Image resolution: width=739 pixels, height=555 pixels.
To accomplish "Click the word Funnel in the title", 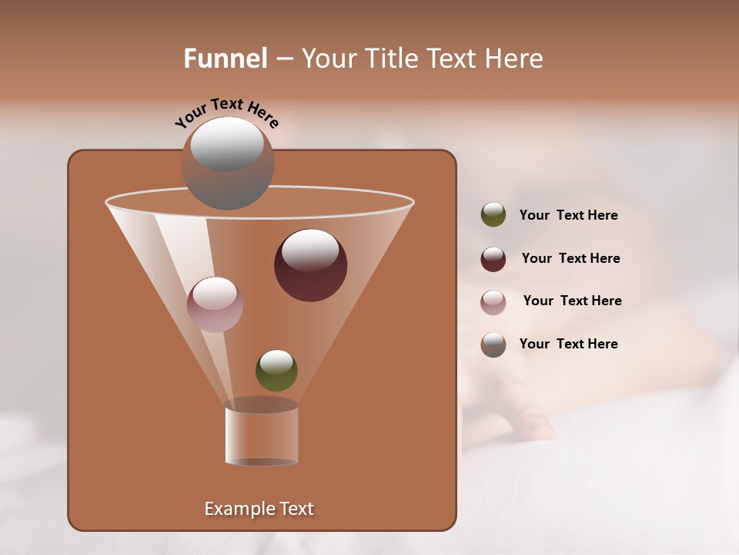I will coord(226,59).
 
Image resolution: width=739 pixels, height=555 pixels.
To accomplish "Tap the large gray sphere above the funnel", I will coord(227,163).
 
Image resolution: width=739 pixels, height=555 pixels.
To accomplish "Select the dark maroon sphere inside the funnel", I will coord(311,265).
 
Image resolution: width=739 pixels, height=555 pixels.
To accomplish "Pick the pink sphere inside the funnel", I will coord(215,304).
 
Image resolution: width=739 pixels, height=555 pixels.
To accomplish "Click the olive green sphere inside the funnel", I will coord(276,371).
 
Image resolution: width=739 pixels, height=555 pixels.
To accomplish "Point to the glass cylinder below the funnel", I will coord(262,436).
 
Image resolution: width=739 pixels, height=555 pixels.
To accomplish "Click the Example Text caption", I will coord(259,509).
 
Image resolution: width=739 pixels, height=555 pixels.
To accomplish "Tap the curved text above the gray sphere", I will coord(226,112).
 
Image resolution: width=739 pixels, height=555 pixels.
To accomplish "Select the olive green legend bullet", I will coord(493,215).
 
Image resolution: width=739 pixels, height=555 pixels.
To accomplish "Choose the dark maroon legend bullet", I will coord(493,258).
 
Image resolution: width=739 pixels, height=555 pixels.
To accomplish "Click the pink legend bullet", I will coord(493,301).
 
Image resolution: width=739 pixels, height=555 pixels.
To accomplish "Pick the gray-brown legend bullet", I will coord(493,345).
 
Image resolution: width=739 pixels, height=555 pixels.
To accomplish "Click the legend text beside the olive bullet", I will coord(568,215).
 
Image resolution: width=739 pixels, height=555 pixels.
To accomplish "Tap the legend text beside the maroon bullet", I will coord(570,258).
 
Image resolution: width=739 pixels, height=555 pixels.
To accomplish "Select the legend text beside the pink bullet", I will coord(572,301).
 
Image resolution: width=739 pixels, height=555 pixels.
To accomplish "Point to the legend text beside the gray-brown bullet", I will coord(568,344).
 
